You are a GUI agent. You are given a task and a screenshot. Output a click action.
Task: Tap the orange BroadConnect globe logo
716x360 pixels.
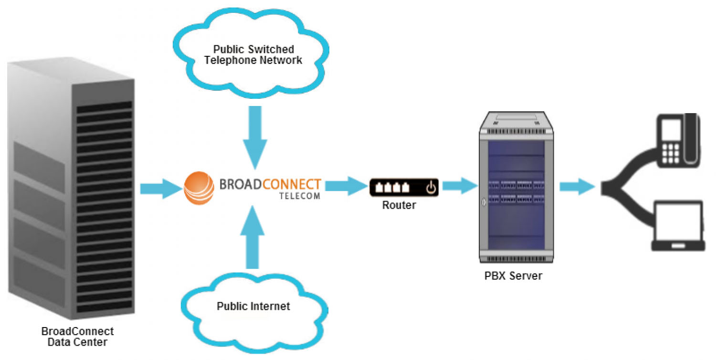(199, 188)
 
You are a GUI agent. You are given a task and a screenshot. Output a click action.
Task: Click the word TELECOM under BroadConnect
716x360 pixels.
(299, 196)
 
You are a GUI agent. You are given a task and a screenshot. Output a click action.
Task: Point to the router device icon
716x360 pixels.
(403, 188)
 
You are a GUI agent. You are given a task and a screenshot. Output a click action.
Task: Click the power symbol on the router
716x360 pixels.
(431, 188)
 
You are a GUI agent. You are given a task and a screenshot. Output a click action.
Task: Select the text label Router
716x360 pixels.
(399, 206)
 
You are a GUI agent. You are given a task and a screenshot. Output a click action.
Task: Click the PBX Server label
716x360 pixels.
(514, 275)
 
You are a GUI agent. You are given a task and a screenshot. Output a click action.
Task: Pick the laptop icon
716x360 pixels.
(678, 226)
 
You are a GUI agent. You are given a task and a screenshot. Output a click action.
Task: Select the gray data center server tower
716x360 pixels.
(72, 191)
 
